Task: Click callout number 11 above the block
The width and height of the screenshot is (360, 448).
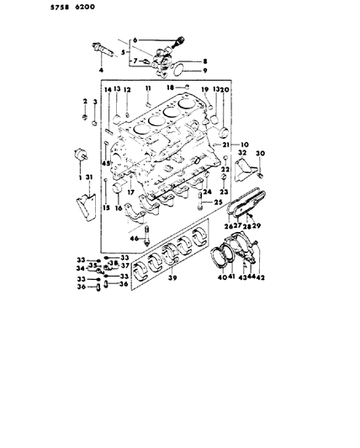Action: point(146,89)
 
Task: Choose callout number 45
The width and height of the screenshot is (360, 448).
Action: point(106,165)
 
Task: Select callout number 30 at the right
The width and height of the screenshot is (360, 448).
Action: point(261,152)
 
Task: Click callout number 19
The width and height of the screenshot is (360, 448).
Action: point(204,89)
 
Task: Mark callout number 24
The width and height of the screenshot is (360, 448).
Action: point(205,192)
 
